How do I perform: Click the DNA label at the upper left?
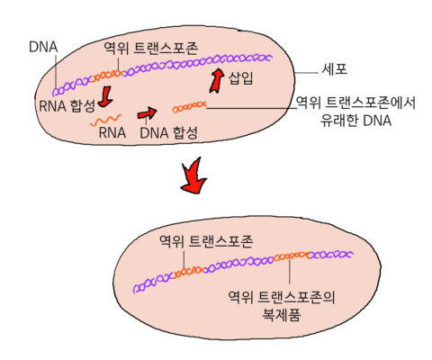[x=43, y=47]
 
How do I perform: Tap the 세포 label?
[x=335, y=69]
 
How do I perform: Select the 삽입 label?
[x=240, y=78]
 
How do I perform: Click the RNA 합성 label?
[x=67, y=106]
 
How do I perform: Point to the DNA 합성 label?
[x=168, y=132]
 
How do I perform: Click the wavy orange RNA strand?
[x=106, y=120]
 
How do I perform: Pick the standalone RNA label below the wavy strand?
[x=112, y=132]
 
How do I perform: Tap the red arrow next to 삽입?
[x=217, y=81]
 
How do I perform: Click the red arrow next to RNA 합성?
[x=105, y=96]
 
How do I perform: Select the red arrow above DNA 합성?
[x=147, y=113]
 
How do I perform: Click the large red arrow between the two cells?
[x=193, y=176]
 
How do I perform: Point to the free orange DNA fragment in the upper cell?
[x=190, y=107]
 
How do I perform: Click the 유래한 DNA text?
[x=355, y=121]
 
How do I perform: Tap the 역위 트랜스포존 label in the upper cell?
[x=151, y=48]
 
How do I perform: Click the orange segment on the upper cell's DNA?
[x=108, y=76]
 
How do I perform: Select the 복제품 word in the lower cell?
[x=282, y=315]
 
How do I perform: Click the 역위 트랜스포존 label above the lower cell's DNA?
[x=206, y=241]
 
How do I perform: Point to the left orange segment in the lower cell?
[x=188, y=272]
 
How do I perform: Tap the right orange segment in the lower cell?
[x=291, y=256]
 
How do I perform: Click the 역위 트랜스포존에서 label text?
[x=355, y=103]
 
